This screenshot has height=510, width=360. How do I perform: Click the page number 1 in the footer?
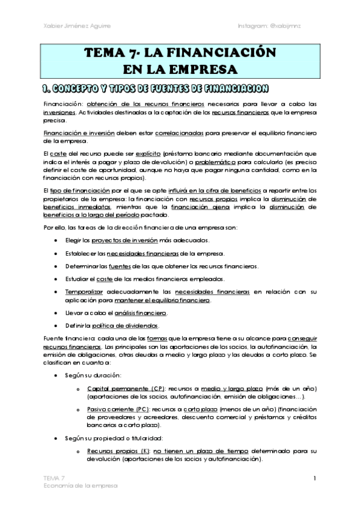pyautogui.click(x=314, y=478)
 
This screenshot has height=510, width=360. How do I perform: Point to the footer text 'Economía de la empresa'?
pyautogui.click(x=76, y=484)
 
